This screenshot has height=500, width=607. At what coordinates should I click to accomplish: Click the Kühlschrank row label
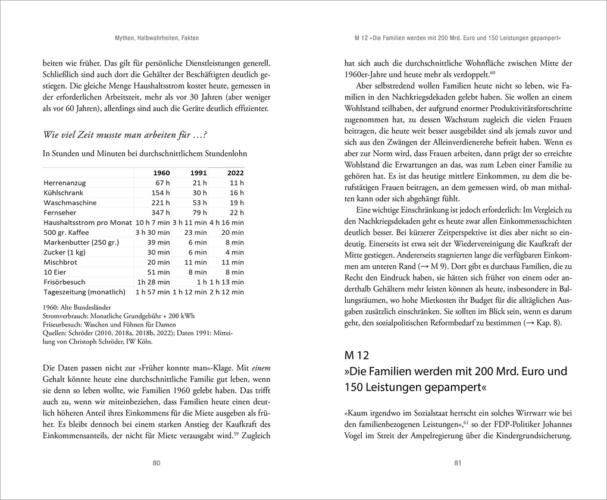(x=64, y=193)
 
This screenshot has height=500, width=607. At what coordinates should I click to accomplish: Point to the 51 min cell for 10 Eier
(x=158, y=272)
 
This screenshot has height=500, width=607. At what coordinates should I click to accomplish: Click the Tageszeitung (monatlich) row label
(x=85, y=292)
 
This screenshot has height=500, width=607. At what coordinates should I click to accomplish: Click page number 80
(x=157, y=463)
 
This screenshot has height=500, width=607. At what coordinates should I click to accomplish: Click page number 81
(x=458, y=463)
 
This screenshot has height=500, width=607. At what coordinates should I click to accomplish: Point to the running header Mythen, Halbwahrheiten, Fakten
(x=157, y=38)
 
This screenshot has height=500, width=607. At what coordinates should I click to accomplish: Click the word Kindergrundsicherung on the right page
(x=530, y=435)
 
